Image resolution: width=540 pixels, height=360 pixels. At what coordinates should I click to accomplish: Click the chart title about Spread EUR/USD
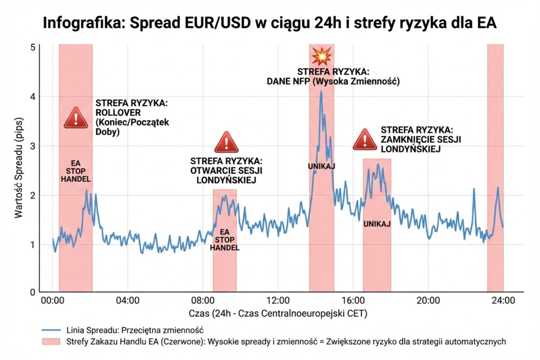[270, 23]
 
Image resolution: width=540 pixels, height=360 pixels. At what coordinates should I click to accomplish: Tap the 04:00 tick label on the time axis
[127, 301]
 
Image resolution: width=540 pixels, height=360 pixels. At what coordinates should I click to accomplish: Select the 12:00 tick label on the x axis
[278, 301]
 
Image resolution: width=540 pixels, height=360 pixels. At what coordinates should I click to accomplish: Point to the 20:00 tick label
[428, 301]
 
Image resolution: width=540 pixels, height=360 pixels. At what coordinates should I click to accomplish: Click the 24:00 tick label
[503, 301]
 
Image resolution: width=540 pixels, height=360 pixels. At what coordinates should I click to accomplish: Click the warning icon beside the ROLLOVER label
[76, 118]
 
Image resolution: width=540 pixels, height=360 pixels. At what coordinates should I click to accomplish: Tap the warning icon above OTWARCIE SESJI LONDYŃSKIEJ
[226, 142]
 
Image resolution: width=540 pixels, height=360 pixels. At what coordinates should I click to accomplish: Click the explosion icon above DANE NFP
[322, 56]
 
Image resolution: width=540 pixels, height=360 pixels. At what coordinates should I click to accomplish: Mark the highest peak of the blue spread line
[321, 91]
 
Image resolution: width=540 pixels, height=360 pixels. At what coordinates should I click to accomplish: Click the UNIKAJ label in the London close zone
[377, 224]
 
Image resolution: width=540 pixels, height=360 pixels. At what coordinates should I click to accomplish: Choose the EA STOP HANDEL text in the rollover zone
[76, 171]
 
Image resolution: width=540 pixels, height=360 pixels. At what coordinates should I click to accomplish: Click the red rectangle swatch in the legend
[51, 342]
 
